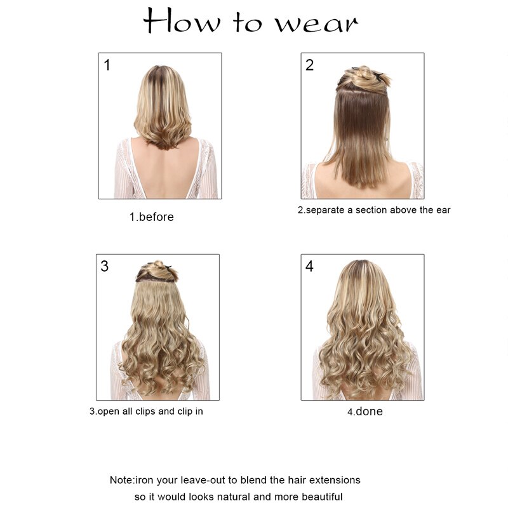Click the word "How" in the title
coord(182,20)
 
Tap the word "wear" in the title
coord(316,23)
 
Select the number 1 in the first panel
coord(107,65)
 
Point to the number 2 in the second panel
coord(309,65)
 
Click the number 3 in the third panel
coord(104,266)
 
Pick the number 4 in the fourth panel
coord(309,266)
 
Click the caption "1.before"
coord(152,217)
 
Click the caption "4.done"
coord(365,411)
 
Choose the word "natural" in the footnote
coord(243,497)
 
